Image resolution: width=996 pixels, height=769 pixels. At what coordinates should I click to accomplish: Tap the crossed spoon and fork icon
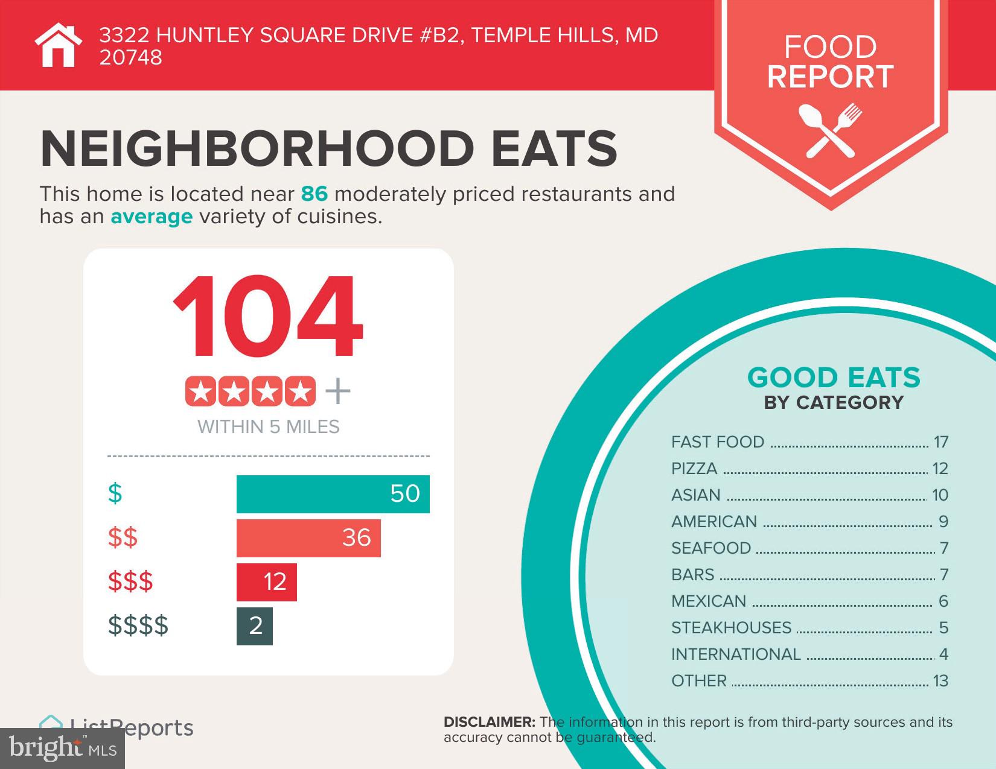coord(830,130)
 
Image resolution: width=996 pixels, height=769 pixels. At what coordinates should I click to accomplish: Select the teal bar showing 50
coord(333,494)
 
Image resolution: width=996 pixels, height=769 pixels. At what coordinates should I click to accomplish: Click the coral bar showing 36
coord(308,538)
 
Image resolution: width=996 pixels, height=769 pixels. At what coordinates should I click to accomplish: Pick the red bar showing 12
coord(266,582)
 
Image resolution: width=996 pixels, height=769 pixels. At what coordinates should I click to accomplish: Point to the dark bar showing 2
coord(255,626)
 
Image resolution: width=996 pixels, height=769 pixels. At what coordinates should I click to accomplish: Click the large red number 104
coord(268,317)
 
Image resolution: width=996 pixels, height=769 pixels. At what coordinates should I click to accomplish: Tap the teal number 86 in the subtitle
coord(314,194)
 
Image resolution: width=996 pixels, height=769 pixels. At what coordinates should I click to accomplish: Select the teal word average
coord(152,217)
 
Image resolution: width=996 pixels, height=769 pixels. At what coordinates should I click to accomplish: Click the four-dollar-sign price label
coord(138,625)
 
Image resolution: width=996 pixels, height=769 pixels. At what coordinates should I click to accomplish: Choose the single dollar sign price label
coord(115,493)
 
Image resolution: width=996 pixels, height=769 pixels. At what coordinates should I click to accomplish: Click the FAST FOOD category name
coord(718,442)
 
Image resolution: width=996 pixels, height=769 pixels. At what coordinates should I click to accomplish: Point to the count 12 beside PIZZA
coord(940,469)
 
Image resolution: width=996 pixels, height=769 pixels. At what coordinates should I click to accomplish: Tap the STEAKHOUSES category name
coord(731,628)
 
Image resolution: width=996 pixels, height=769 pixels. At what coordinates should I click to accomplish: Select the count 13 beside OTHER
coord(940,681)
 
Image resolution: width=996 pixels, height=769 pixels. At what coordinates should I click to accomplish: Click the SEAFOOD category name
coord(711,548)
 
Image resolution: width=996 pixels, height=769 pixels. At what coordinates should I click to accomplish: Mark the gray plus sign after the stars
coord(338,392)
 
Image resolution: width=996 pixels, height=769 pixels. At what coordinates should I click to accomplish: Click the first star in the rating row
coord(201,392)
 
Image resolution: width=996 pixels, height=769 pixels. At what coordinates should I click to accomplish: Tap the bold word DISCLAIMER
coord(489,722)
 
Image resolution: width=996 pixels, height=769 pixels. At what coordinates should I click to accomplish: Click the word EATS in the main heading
coord(554,148)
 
